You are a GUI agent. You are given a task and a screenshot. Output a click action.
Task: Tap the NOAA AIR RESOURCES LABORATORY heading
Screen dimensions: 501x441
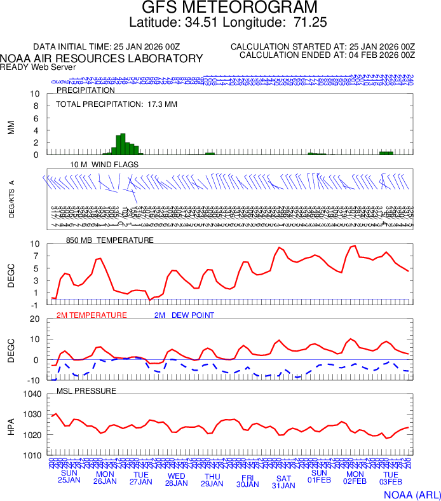click(102, 58)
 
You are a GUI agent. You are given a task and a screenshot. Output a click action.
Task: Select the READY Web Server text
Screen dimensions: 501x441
click(38, 67)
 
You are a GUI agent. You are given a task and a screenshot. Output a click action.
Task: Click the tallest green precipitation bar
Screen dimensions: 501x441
click(123, 144)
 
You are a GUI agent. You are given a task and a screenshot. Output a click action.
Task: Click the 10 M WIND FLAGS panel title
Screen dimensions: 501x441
click(104, 164)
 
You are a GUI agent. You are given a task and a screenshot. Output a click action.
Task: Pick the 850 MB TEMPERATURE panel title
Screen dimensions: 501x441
click(110, 240)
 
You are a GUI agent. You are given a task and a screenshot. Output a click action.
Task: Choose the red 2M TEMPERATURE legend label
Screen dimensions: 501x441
click(92, 315)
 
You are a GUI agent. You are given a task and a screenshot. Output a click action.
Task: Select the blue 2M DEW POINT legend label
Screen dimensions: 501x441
click(184, 315)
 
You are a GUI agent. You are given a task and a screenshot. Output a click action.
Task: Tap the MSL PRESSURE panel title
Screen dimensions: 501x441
click(86, 390)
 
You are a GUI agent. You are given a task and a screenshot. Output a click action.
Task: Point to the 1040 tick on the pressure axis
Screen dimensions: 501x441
click(32, 394)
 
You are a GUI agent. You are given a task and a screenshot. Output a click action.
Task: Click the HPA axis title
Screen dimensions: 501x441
click(11, 425)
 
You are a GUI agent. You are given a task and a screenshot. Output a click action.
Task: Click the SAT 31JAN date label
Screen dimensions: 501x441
click(283, 481)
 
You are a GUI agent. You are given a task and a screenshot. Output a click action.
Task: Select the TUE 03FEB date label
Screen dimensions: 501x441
click(391, 477)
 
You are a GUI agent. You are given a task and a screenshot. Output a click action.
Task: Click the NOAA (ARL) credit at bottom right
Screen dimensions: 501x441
click(411, 493)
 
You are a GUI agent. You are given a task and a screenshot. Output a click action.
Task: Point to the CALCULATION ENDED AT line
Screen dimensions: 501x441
click(327, 55)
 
